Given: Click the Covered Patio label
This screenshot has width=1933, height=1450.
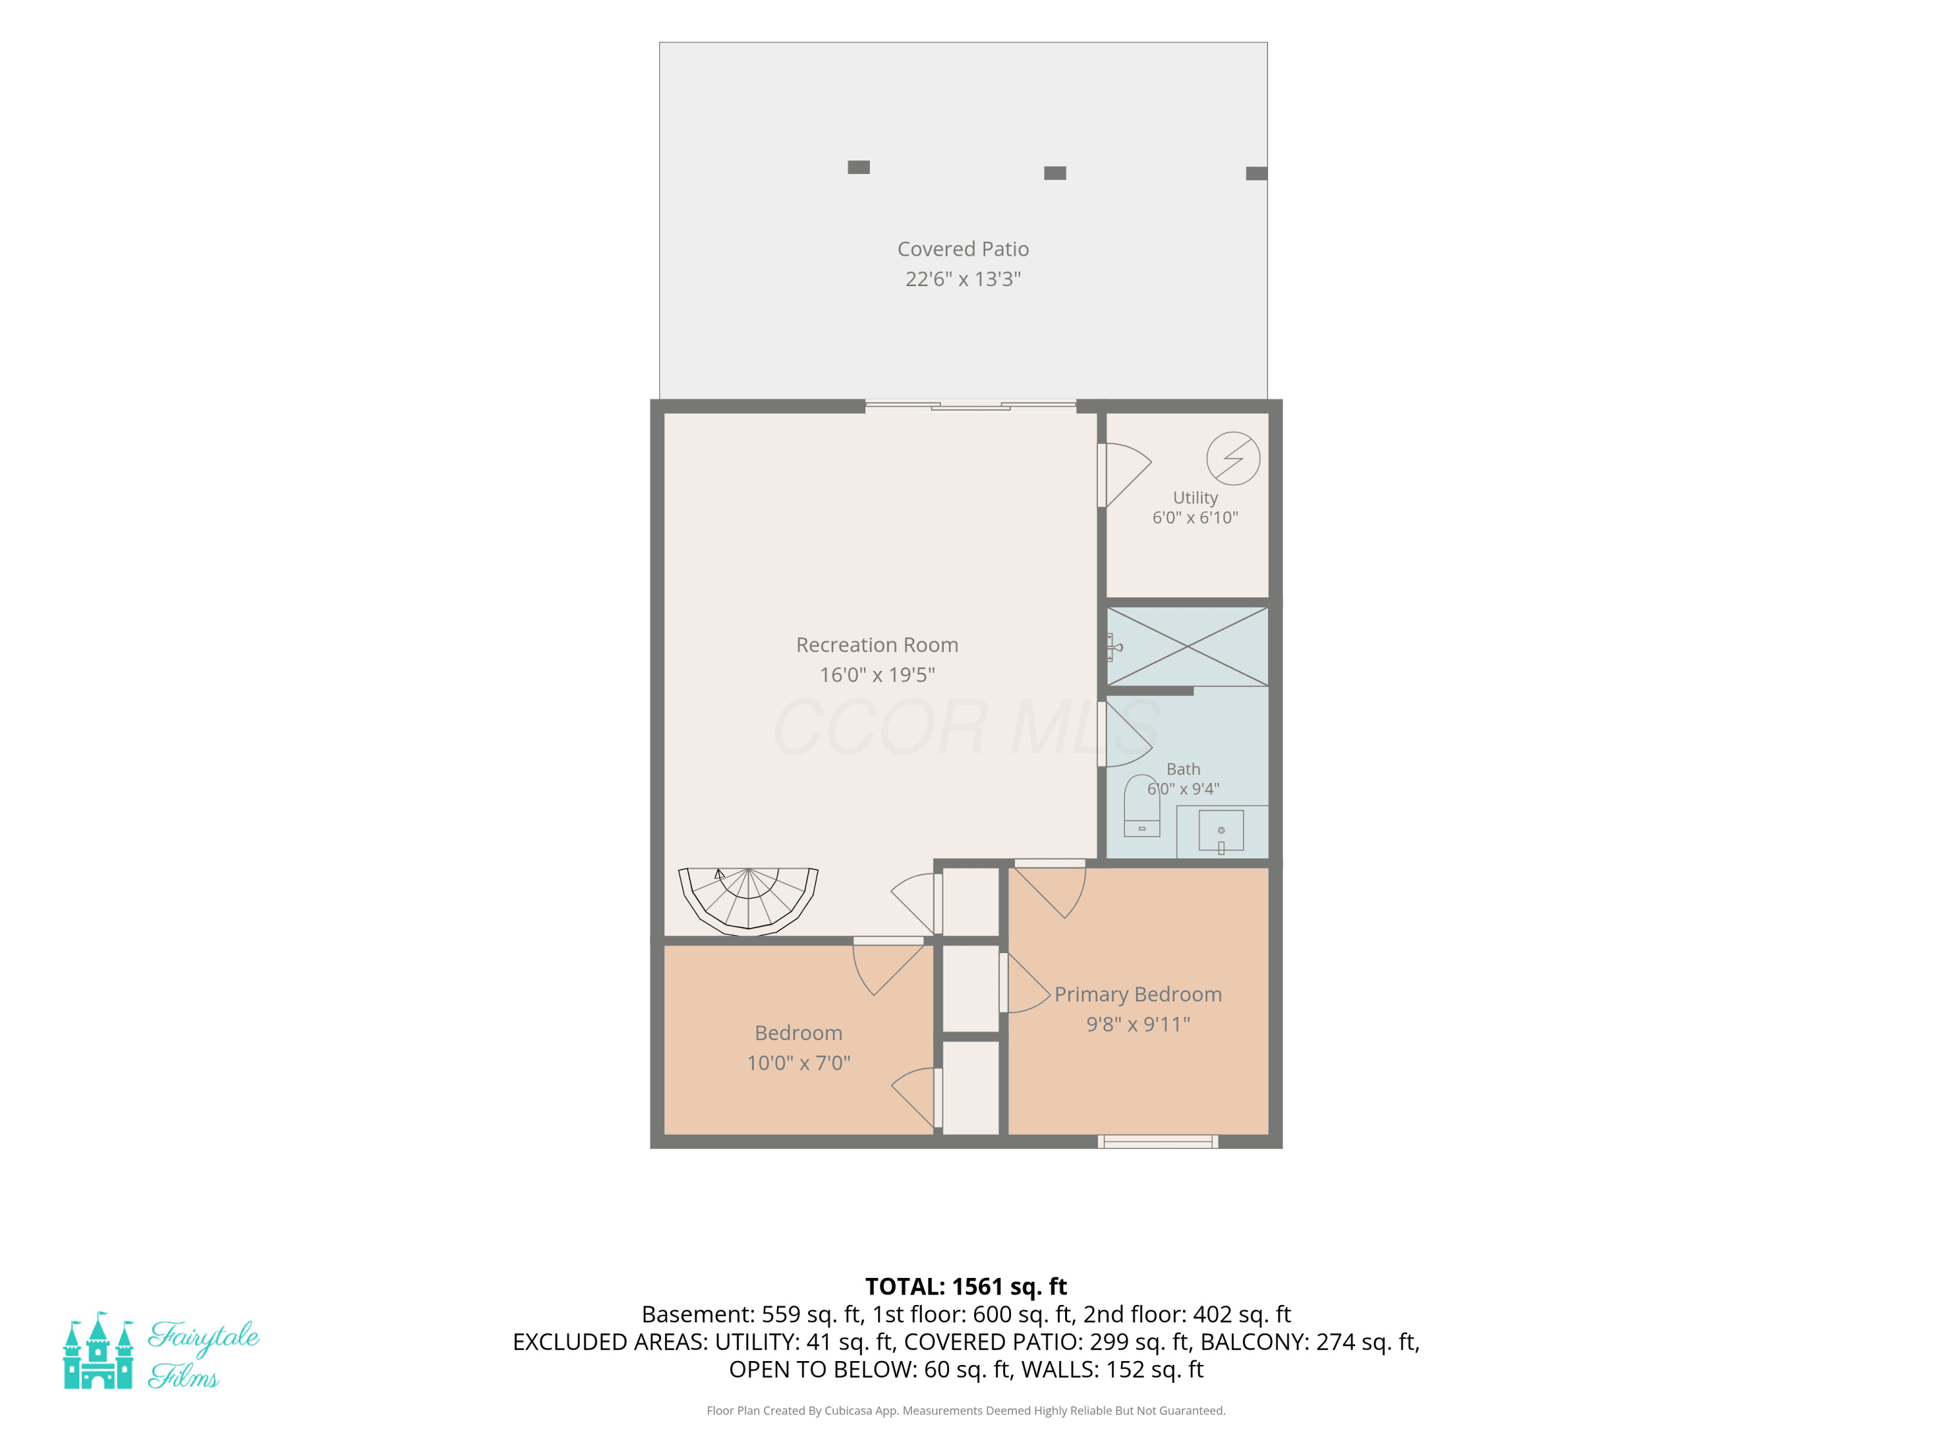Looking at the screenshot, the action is coord(963,249).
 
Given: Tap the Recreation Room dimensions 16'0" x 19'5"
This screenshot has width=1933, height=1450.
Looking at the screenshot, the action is coord(878,675).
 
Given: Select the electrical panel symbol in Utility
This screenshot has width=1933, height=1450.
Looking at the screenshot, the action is coord(1233,458).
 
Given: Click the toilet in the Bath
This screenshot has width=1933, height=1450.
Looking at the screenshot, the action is coord(1141,805).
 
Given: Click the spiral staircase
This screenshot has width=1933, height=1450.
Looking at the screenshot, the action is coord(748,901).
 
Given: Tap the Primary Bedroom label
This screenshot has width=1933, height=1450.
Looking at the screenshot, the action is coord(1138,994).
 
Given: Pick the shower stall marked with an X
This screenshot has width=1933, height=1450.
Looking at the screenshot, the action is coord(1188,647).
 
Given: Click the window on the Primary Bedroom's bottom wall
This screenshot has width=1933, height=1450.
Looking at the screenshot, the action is coord(1158,1141).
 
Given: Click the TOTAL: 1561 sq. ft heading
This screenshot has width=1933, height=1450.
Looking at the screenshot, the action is coord(966,1286).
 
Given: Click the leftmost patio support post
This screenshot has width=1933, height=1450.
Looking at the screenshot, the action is coord(858,167).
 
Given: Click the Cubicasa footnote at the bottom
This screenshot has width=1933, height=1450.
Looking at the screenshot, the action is coord(966,1411).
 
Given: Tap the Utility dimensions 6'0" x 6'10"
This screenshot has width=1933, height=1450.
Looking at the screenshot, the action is coord(1195,517).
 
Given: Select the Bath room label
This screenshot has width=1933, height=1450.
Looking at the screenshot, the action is coord(1183,769).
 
